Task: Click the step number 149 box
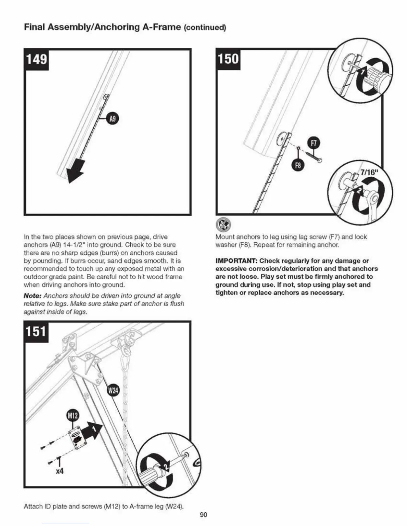pyautogui.click(x=37, y=60)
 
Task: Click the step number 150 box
pyautogui.click(x=228, y=59)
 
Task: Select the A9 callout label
pyautogui.click(x=113, y=119)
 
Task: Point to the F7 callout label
pyautogui.click(x=314, y=143)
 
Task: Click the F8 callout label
pyautogui.click(x=298, y=165)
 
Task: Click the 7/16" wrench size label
pyautogui.click(x=369, y=172)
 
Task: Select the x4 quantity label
pyautogui.click(x=60, y=471)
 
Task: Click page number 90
pyautogui.click(x=203, y=514)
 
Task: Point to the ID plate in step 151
pyautogui.click(x=77, y=440)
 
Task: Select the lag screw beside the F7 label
pyautogui.click(x=316, y=157)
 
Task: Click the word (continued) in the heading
pyautogui.click(x=205, y=28)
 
